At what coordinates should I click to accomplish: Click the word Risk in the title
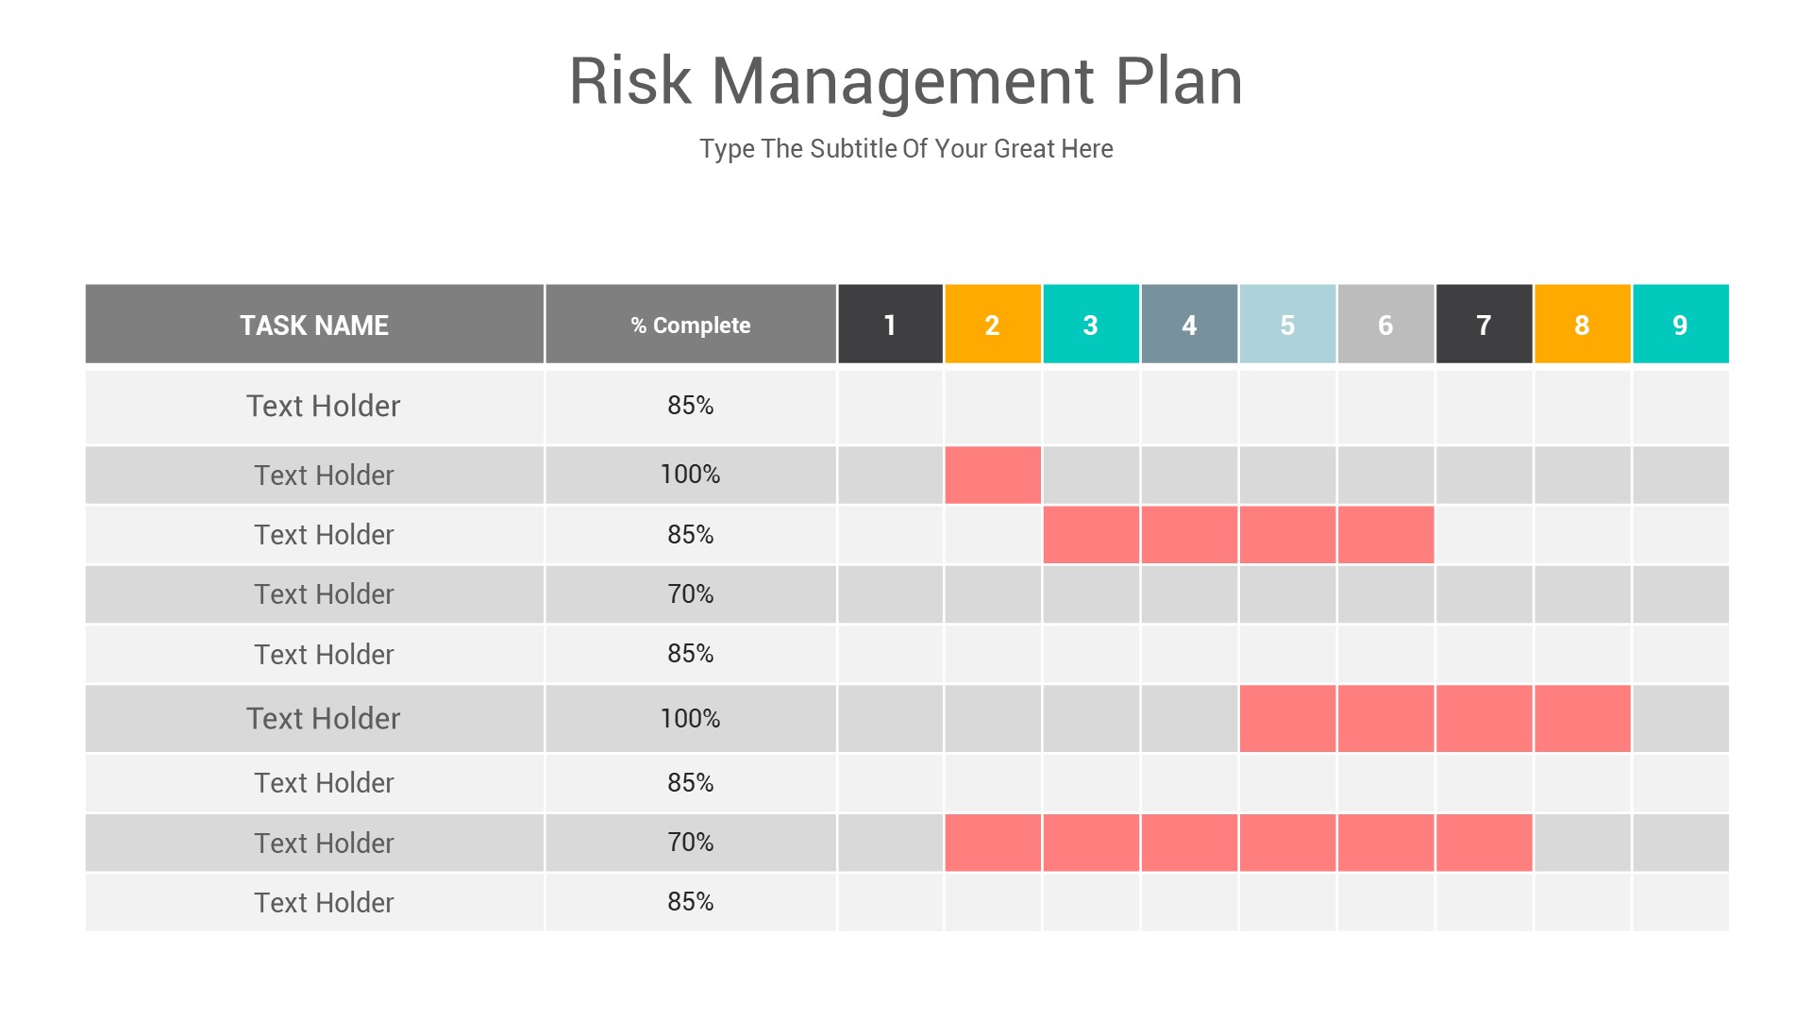630,81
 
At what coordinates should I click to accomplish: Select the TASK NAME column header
314,325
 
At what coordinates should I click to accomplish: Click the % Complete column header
690,325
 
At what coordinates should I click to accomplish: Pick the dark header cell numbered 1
890,325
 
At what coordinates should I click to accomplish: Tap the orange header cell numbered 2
992,325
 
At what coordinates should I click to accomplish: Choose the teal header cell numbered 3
1090,325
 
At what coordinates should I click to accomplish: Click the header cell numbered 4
1189,325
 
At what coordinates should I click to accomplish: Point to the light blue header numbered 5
1287,325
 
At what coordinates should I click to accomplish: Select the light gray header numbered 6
1385,325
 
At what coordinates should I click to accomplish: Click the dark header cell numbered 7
1484,325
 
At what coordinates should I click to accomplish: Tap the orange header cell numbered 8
1582,325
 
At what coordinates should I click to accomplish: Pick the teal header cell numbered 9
1680,325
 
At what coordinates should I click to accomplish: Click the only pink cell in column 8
1582,718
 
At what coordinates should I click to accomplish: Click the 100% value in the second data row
690,475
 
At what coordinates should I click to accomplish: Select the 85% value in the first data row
690,406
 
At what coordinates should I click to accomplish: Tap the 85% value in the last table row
690,902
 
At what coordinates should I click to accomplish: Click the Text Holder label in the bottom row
324,903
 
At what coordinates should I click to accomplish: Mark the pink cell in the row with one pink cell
992,475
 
